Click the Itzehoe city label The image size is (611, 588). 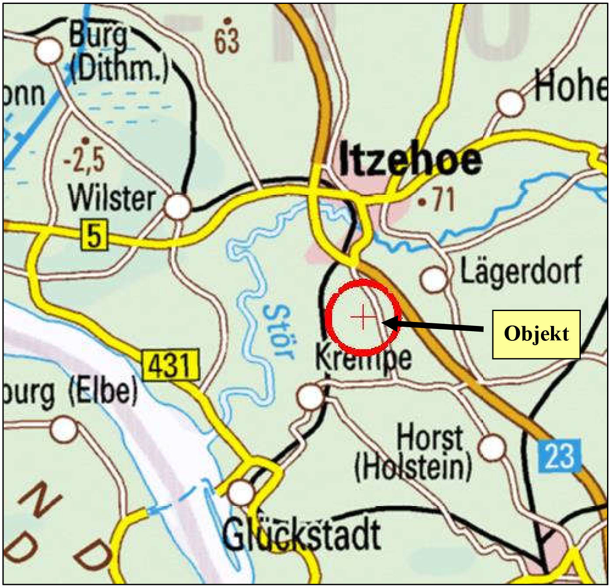[x=410, y=160]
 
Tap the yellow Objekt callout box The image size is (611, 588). [x=536, y=334]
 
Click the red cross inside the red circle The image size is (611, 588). [x=363, y=317]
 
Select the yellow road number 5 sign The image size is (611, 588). [x=94, y=235]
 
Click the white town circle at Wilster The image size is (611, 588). [x=178, y=206]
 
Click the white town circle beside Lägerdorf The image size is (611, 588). [x=433, y=279]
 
